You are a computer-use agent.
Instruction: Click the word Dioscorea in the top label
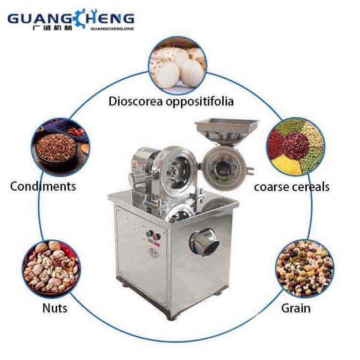coord(132,102)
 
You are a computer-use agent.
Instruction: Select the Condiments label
coord(43,186)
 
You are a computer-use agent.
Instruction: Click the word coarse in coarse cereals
coord(274,187)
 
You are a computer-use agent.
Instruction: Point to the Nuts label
coord(55,308)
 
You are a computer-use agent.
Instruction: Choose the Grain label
coord(297,308)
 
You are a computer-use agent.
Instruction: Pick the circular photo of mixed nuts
coord(51,267)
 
